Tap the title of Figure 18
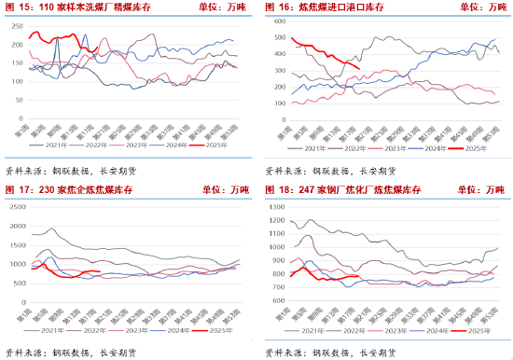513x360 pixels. (344, 191)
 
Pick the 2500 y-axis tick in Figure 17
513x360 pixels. (15, 205)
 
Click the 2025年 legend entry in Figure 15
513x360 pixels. (202, 146)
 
